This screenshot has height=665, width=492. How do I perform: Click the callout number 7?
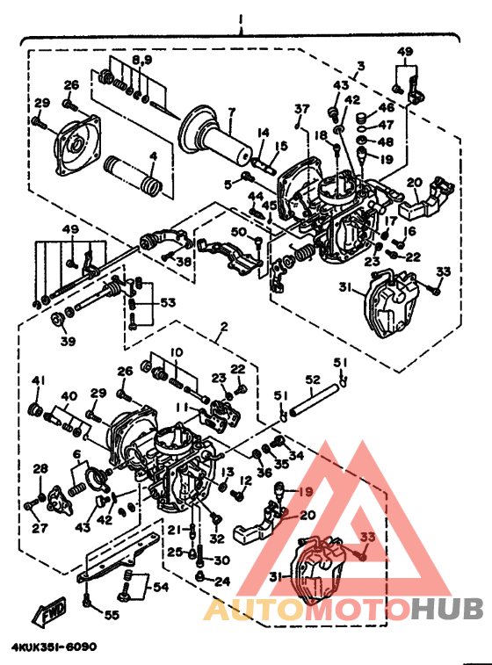pyautogui.click(x=232, y=112)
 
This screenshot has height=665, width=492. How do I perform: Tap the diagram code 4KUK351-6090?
pyautogui.click(x=54, y=647)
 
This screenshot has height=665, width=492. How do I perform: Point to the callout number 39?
pyautogui.click(x=67, y=340)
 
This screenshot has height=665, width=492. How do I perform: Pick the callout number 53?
pyautogui.click(x=167, y=303)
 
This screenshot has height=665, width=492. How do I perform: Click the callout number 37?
pyautogui.click(x=301, y=108)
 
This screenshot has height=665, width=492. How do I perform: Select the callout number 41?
pyautogui.click(x=38, y=380)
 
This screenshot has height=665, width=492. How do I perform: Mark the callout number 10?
pyautogui.click(x=177, y=351)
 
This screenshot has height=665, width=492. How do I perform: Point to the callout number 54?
pyautogui.click(x=162, y=586)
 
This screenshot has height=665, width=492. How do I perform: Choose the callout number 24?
pyautogui.click(x=221, y=581)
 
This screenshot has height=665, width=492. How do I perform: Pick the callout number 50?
pyautogui.click(x=237, y=231)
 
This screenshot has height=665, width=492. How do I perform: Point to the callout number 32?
pyautogui.click(x=218, y=539)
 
